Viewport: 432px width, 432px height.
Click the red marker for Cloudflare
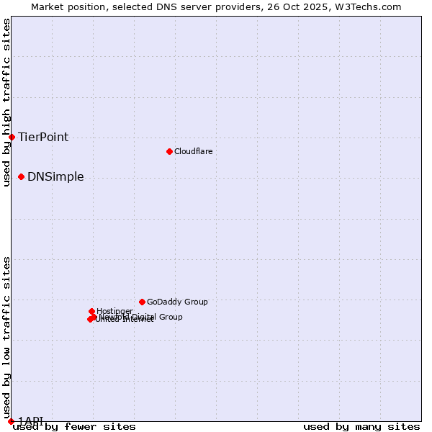pyautogui.click(x=169, y=151)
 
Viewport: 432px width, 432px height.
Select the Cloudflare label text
pyautogui.click(x=193, y=151)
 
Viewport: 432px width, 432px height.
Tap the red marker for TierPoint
pyautogui.click(x=12, y=137)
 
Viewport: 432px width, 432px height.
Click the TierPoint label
pyautogui.click(x=43, y=137)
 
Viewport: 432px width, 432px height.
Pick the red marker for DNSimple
pyautogui.click(x=21, y=176)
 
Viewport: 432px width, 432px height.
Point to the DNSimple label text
pyautogui.click(x=55, y=176)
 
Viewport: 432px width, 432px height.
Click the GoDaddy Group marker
pyautogui.click(x=142, y=302)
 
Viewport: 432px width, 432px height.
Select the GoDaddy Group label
pyautogui.click(x=177, y=302)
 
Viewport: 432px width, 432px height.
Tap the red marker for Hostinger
pyautogui.click(x=91, y=311)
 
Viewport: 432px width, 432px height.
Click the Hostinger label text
pyautogui.click(x=114, y=311)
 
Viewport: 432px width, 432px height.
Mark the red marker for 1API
pyautogui.click(x=11, y=421)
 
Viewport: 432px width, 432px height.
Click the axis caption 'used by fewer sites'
pyautogui.click(x=74, y=427)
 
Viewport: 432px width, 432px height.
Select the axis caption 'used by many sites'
pyautogui.click(x=361, y=427)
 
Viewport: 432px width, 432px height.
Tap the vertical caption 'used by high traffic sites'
pyautogui.click(x=6, y=102)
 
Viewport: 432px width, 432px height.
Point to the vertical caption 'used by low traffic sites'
pyautogui.click(x=6, y=337)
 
